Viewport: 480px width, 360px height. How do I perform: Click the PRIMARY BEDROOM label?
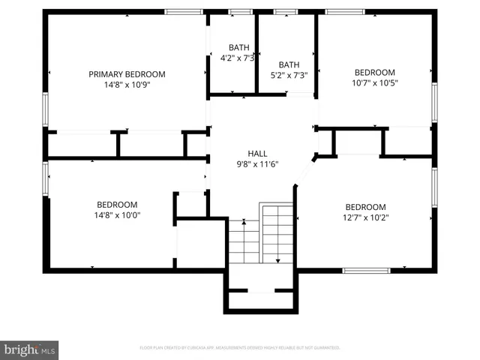[127, 74]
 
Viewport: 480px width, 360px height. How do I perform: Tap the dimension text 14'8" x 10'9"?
[127, 85]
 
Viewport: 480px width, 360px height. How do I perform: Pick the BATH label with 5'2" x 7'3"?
[289, 64]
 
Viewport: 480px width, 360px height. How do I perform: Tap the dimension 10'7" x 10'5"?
[374, 83]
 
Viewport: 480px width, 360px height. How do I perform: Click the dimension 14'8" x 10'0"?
[116, 215]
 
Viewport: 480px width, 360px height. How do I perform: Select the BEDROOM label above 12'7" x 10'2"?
[365, 207]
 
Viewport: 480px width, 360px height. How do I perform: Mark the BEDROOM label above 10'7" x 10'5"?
[374, 73]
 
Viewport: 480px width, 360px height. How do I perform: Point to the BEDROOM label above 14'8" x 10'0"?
[116, 205]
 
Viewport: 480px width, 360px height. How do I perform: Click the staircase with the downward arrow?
[277, 233]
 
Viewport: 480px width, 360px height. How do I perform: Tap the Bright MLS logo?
[30, 349]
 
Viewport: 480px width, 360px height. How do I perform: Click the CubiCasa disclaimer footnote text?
[240, 348]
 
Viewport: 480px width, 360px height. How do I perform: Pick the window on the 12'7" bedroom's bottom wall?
[364, 270]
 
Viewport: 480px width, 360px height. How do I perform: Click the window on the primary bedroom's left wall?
[46, 109]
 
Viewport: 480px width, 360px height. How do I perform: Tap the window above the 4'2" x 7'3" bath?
[240, 12]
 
